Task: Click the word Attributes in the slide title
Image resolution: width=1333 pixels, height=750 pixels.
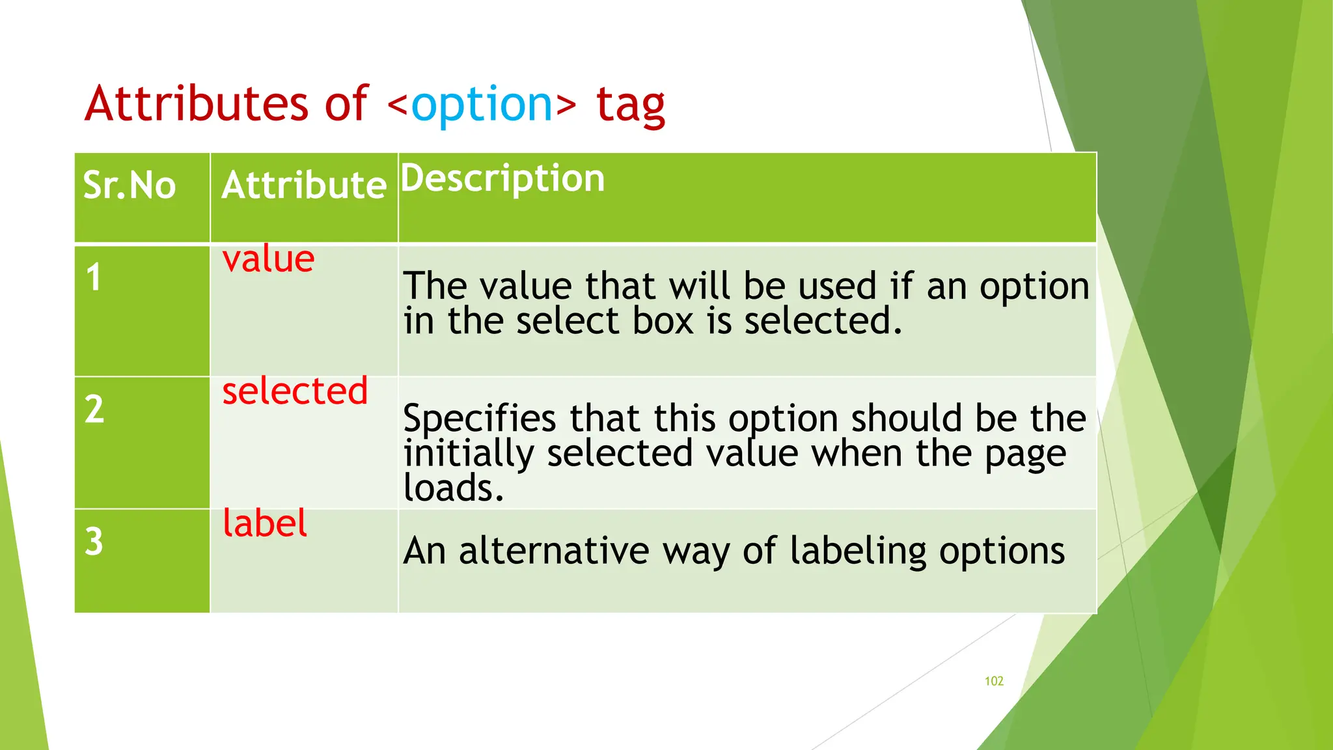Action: (x=196, y=104)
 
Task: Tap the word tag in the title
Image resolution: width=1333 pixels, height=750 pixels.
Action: (x=630, y=105)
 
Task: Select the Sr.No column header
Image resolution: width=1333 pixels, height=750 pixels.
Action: (x=130, y=186)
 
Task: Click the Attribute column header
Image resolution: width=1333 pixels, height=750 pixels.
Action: (x=304, y=186)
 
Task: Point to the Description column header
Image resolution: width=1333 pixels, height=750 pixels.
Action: (x=502, y=178)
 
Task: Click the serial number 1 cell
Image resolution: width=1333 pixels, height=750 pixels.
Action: (x=94, y=277)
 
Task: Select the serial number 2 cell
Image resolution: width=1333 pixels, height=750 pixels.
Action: (x=94, y=410)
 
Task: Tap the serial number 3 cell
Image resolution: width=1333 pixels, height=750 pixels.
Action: (x=94, y=542)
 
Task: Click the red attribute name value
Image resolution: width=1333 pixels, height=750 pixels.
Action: (x=268, y=260)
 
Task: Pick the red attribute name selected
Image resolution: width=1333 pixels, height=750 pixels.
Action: (x=295, y=391)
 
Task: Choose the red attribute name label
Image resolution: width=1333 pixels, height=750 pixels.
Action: (x=264, y=523)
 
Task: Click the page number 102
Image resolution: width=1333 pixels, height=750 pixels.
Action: (x=994, y=681)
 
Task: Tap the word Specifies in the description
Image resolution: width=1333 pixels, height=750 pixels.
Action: (x=480, y=419)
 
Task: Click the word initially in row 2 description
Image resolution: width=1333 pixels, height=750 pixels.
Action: (x=469, y=453)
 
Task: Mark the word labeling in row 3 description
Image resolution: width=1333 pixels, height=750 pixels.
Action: (x=858, y=552)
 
